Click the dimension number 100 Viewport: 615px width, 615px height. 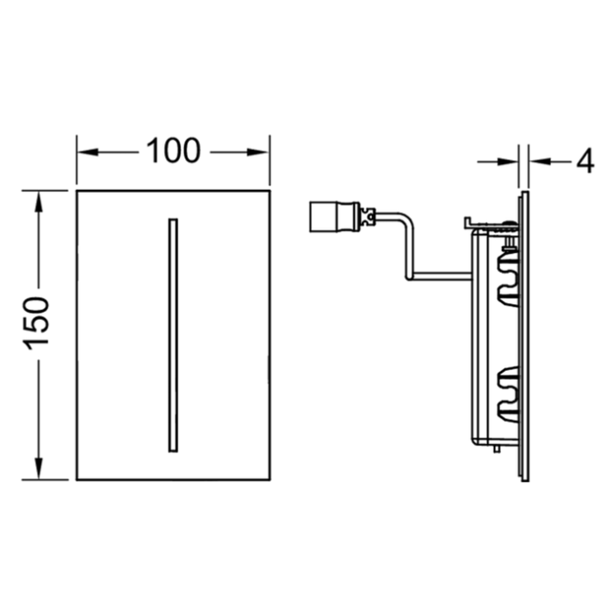(173, 152)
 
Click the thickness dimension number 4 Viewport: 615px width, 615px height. (584, 161)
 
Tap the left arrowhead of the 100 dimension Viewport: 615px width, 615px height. (83, 152)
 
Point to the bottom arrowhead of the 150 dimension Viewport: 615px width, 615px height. (38, 471)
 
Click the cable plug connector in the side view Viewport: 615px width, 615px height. (324, 215)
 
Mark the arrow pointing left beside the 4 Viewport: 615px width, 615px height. (540, 161)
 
